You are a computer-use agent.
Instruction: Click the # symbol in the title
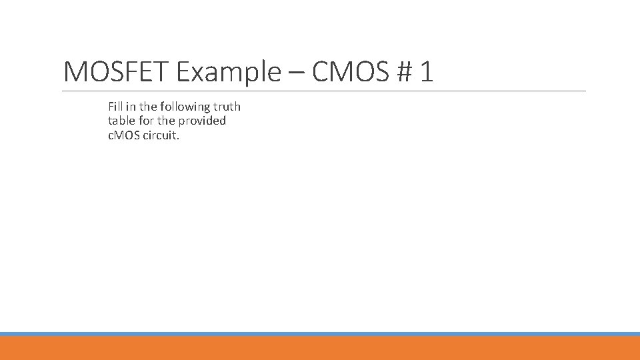coord(403,71)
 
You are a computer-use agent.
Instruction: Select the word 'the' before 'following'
coord(148,107)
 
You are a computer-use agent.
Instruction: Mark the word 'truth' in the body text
coord(227,107)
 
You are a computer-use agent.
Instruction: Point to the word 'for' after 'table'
coord(147,121)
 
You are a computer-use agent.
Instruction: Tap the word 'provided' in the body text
coord(203,121)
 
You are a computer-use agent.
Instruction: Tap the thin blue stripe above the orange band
coord(320,334)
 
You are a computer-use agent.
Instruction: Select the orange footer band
coord(320,348)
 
